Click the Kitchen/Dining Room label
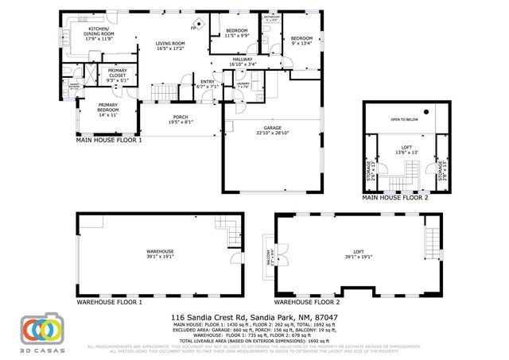click(102, 33)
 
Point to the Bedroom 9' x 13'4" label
click(302, 41)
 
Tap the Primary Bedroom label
click(108, 110)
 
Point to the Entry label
click(207, 84)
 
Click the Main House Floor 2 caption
click(395, 199)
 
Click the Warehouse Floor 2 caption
click(307, 303)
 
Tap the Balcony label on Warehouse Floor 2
click(268, 257)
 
